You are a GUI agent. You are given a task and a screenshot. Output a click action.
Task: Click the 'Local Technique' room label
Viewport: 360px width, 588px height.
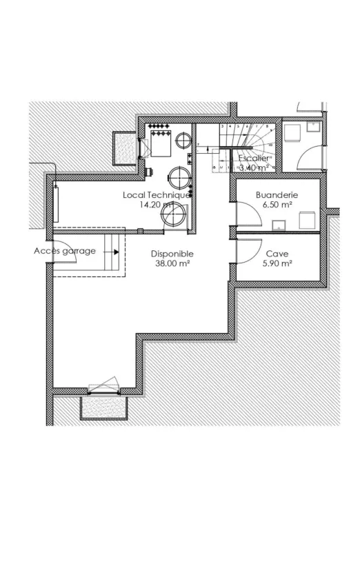156,195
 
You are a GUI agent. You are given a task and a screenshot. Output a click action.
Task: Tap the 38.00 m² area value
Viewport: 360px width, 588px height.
172,263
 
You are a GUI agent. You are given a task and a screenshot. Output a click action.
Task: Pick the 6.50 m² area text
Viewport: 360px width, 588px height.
276,205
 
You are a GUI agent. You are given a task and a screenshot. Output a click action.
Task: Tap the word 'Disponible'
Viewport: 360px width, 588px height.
172,253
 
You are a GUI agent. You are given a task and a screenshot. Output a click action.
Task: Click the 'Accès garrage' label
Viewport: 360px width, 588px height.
65,251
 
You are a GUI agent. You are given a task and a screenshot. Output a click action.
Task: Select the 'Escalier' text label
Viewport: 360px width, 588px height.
256,157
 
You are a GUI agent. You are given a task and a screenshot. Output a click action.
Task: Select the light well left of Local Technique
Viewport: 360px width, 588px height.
126,148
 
